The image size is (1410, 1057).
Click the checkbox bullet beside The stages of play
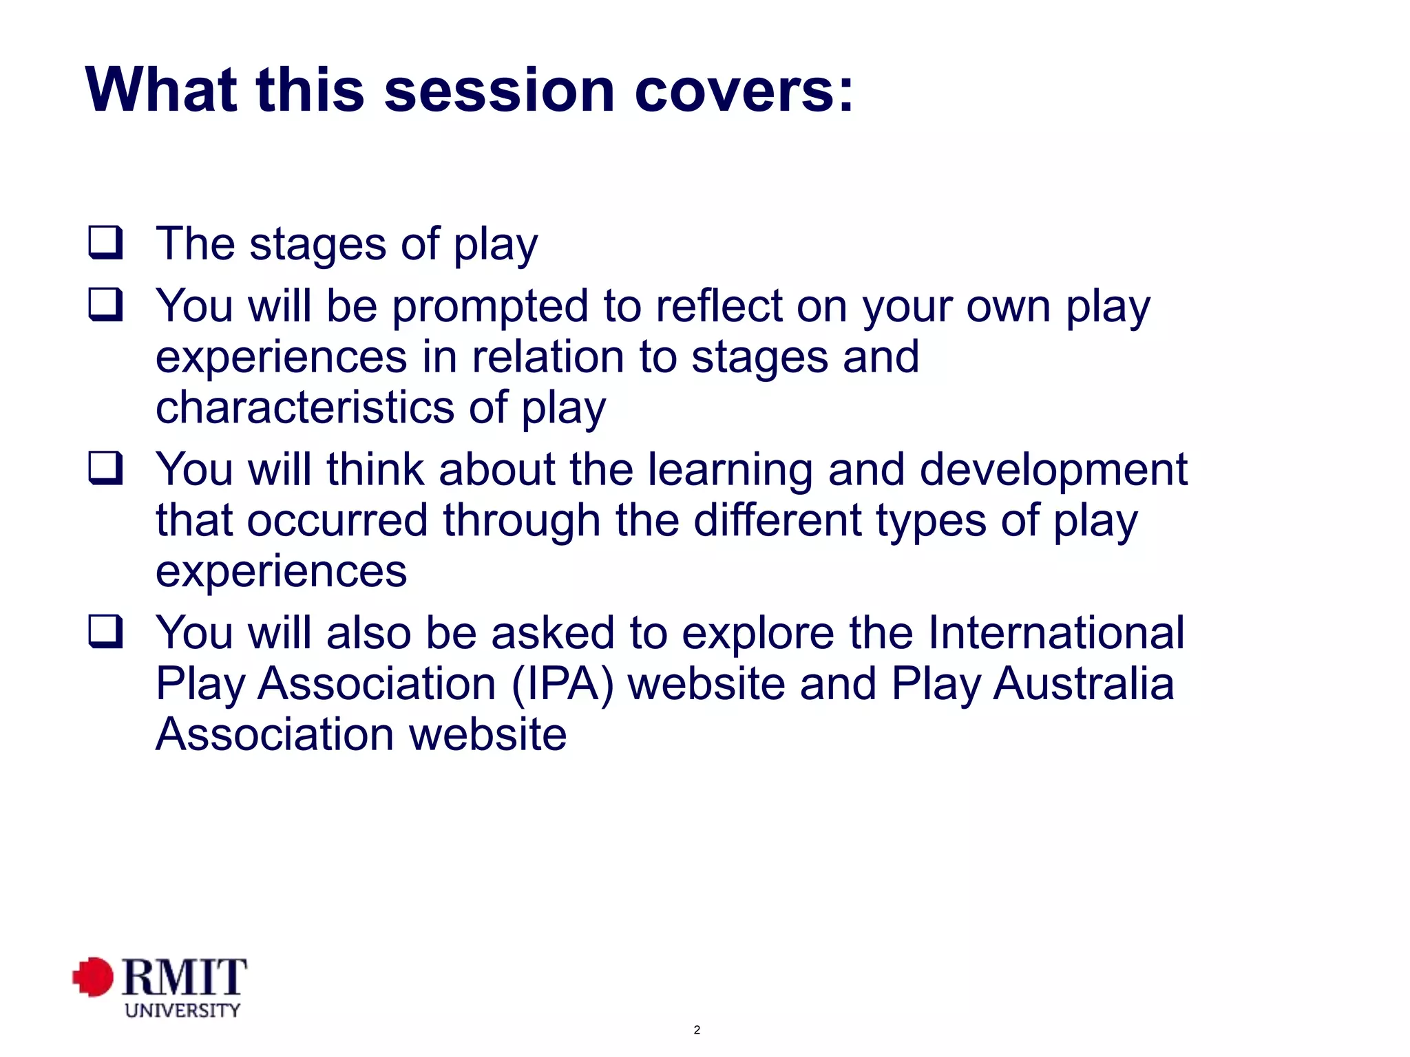(106, 243)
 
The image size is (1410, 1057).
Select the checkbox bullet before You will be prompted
(106, 305)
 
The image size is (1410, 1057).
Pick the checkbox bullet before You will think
(106, 469)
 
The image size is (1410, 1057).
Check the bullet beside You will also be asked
(106, 632)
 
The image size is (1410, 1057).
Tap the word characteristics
(305, 407)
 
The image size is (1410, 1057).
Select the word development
(1053, 470)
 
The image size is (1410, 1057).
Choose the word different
(777, 520)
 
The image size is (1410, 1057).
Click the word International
(1056, 632)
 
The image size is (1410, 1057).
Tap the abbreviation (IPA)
(562, 684)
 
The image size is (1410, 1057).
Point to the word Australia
(1084, 684)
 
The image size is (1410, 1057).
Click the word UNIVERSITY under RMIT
(182, 1010)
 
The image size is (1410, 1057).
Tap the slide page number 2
(697, 1030)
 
